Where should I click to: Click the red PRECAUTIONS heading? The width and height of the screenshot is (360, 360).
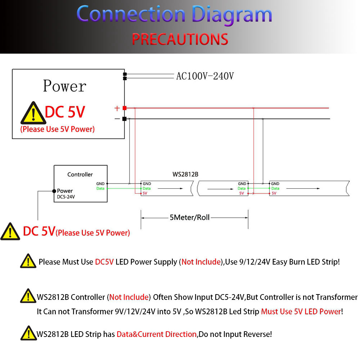[x=180, y=39]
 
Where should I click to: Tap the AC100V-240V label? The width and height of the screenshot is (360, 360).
[x=205, y=76]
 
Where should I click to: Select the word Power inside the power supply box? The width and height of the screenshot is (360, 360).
[x=64, y=86]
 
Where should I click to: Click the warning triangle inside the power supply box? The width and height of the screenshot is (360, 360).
[x=33, y=113]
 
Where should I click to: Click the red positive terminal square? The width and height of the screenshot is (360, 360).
[x=124, y=108]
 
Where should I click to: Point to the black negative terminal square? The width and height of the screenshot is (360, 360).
[x=124, y=119]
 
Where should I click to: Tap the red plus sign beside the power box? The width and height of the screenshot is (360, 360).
[x=117, y=108]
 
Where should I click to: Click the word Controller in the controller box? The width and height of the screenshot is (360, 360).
[x=80, y=174]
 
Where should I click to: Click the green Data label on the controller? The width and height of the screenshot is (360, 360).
[x=100, y=188]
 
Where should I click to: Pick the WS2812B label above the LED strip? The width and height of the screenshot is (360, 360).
[x=185, y=174]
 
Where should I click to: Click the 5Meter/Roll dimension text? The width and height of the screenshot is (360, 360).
[x=190, y=217]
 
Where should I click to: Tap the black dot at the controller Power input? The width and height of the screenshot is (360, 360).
[x=54, y=191]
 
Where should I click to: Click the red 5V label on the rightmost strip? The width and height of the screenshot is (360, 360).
[x=274, y=193]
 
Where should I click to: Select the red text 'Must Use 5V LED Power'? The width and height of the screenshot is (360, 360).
[x=301, y=311]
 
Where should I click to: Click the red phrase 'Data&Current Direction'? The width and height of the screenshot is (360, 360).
[x=157, y=334]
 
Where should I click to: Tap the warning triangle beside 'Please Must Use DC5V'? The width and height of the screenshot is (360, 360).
[x=28, y=261]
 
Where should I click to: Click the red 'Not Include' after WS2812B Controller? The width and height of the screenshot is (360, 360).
[x=129, y=297]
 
